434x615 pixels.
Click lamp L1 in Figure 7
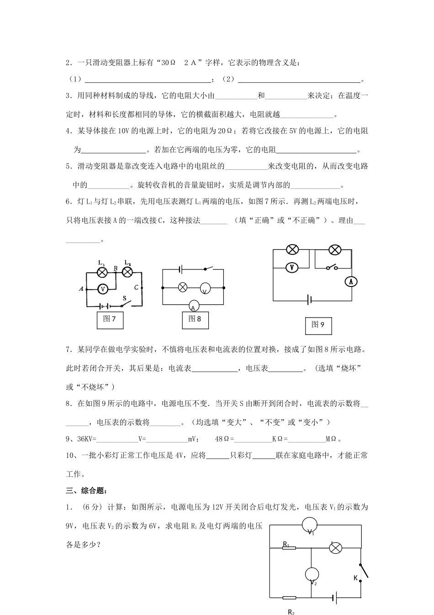(x=103, y=272)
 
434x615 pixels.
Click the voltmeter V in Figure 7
(x=103, y=289)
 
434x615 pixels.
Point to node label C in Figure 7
(x=136, y=287)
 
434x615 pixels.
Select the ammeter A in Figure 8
(x=193, y=307)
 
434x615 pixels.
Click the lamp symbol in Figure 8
(x=182, y=287)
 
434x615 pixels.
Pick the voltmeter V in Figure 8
(x=205, y=288)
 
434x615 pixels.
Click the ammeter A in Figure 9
(x=351, y=282)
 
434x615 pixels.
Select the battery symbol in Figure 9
(x=310, y=300)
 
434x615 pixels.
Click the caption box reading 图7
(x=110, y=319)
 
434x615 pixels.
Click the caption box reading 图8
(x=195, y=319)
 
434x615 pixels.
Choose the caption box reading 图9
(x=318, y=325)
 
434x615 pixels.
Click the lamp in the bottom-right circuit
(x=336, y=548)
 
